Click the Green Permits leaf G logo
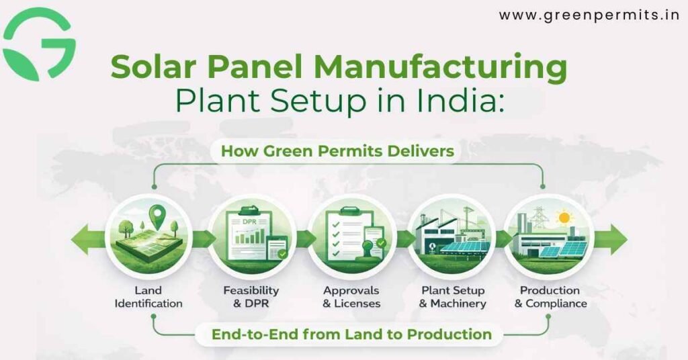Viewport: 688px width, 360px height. pyautogui.click(x=39, y=44)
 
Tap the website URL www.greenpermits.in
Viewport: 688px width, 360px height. pyautogui.click(x=589, y=15)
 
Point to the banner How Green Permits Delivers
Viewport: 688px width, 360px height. pyautogui.click(x=337, y=152)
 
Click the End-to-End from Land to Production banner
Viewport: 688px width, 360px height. pyautogui.click(x=351, y=334)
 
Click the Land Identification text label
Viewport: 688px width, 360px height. pyautogui.click(x=148, y=297)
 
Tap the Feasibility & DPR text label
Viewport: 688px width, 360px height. pyautogui.click(x=251, y=297)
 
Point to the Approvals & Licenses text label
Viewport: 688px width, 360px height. pyautogui.click(x=351, y=297)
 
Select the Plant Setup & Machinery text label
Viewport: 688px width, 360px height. pyautogui.click(x=451, y=297)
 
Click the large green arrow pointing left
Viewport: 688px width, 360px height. pyautogui.click(x=88, y=240)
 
